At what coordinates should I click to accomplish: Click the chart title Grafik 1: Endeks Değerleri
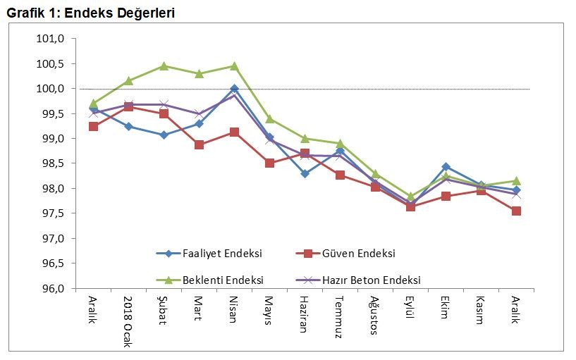(91, 13)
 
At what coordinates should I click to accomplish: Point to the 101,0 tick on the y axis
(51, 39)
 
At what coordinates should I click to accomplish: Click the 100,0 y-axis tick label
(51, 89)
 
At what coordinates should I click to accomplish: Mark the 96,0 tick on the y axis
(51, 289)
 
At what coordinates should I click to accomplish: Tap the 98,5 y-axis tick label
(51, 163)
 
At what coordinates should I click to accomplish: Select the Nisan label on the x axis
(234, 308)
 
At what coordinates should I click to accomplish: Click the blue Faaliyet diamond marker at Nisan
(234, 89)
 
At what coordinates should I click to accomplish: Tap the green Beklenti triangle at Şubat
(164, 66)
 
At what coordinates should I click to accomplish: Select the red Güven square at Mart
(199, 145)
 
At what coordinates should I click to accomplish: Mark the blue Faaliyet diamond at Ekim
(446, 167)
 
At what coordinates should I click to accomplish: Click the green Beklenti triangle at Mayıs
(269, 119)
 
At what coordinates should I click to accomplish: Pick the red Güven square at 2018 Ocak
(128, 106)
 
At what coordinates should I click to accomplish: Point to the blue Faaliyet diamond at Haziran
(305, 173)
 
